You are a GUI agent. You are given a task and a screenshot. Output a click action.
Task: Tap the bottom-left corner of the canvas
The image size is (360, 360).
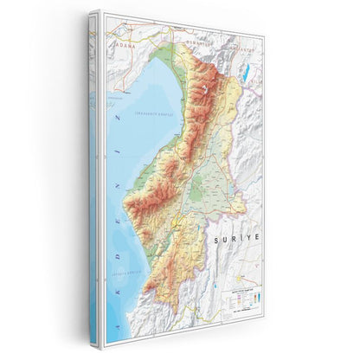pyautogui.click(x=100, y=347)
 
